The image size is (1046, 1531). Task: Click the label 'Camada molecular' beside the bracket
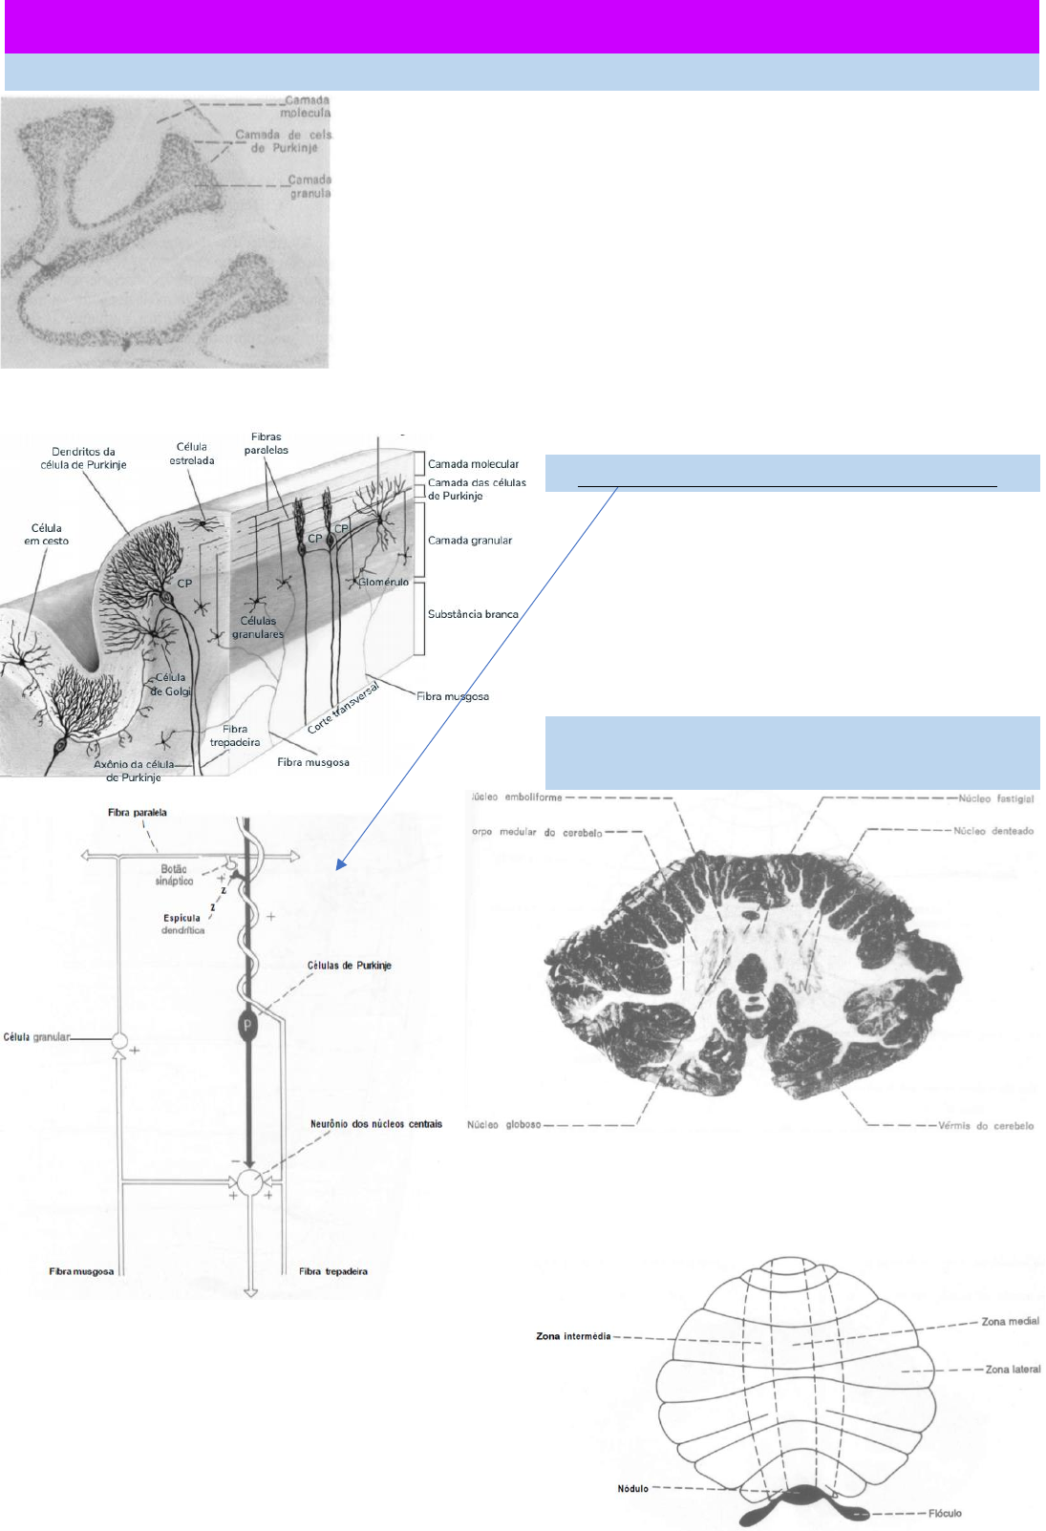pyautogui.click(x=473, y=464)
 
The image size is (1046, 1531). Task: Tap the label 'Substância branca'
pyautogui.click(x=473, y=614)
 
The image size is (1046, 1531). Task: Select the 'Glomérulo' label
pyautogui.click(x=383, y=582)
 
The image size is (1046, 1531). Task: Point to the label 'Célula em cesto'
pyautogui.click(x=46, y=534)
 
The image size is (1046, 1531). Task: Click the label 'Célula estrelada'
pyautogui.click(x=192, y=454)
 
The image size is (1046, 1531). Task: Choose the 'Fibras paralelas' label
pyautogui.click(x=266, y=443)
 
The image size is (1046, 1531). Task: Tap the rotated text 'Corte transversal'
pyautogui.click(x=343, y=708)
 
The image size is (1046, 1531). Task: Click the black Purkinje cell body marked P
pyautogui.click(x=247, y=1025)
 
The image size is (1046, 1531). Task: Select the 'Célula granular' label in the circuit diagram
pyautogui.click(x=36, y=1037)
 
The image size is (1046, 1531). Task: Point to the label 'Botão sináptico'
pyautogui.click(x=174, y=875)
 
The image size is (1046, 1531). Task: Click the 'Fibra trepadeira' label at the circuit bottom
pyautogui.click(x=332, y=1271)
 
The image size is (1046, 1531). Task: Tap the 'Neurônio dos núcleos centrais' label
pyautogui.click(x=375, y=1124)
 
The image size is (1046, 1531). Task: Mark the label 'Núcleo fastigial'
pyautogui.click(x=995, y=798)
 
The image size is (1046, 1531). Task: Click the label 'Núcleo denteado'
pyautogui.click(x=993, y=831)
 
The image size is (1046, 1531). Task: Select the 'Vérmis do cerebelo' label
pyautogui.click(x=985, y=1126)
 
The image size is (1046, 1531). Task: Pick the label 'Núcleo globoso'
pyautogui.click(x=503, y=1125)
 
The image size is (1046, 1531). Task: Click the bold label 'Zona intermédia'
pyautogui.click(x=573, y=1336)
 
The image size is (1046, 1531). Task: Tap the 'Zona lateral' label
pyautogui.click(x=1013, y=1370)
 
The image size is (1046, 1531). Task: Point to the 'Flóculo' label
pyautogui.click(x=945, y=1514)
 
